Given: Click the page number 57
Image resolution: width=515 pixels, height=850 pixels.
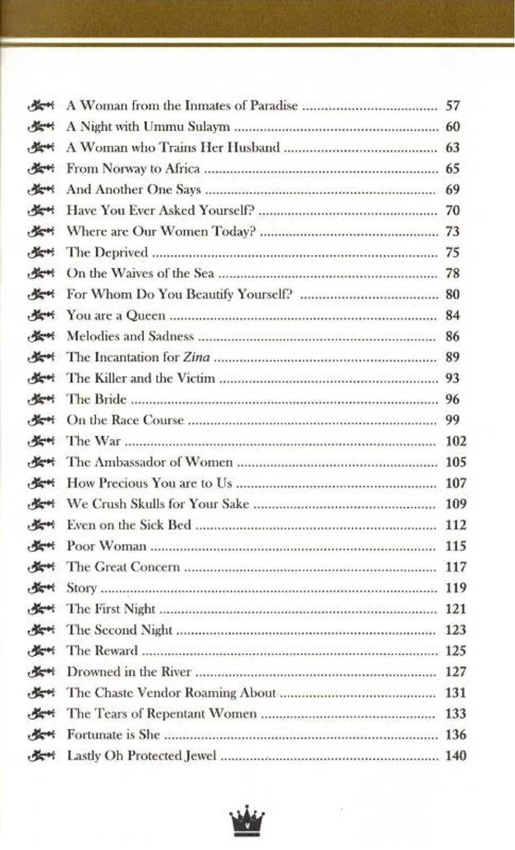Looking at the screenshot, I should (x=453, y=105).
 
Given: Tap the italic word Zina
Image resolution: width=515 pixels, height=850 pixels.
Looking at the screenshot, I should (x=197, y=357).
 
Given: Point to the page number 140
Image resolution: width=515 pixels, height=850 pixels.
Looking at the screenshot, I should (x=456, y=755).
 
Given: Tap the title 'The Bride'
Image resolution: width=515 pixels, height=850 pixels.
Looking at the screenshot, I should (x=96, y=399).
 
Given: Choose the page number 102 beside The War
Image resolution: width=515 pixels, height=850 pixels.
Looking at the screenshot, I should (x=456, y=441).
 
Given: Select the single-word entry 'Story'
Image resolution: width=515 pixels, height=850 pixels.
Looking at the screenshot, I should (x=82, y=588).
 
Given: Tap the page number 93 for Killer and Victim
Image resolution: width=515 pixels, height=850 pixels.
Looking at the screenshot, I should (x=453, y=378).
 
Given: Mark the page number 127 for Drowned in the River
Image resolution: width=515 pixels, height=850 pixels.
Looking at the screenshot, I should (x=456, y=671).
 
